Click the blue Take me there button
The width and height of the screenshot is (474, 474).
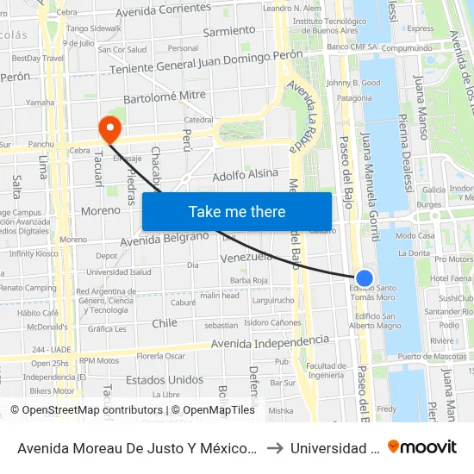coord(237,211)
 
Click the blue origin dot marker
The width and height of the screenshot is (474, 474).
coord(365,278)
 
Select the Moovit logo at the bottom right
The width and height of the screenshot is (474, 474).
coord(422,447)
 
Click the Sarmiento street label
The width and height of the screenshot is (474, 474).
coord(229,31)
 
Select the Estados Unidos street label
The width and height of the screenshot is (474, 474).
coord(165,380)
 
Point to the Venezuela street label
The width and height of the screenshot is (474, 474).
coord(246,257)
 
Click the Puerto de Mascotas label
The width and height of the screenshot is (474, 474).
coord(433,357)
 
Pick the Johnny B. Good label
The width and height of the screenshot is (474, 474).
coord(353,83)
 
